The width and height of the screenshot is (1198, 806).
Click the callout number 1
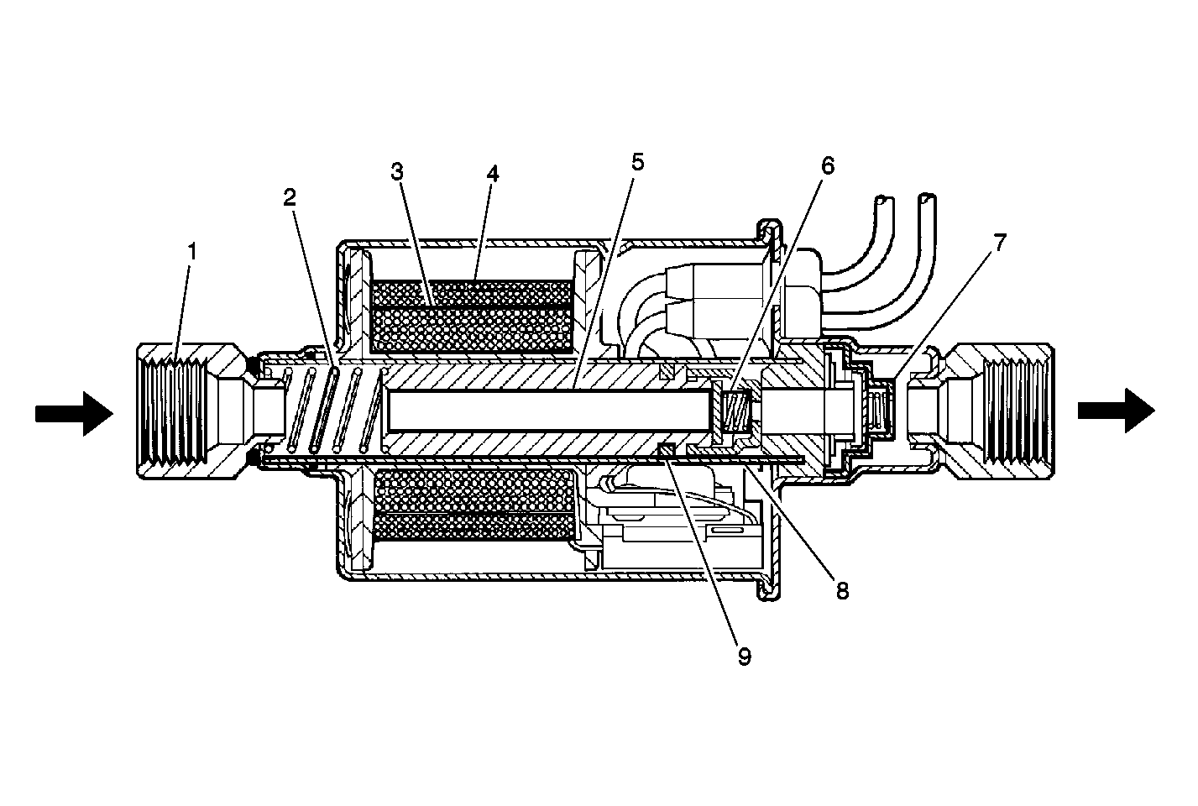coord(192,251)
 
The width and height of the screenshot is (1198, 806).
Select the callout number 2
coord(290,198)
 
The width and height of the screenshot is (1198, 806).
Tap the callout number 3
coord(396,172)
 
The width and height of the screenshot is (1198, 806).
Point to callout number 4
coord(493,174)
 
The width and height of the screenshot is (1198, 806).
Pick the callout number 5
coord(637,161)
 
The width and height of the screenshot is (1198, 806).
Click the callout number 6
coord(828,166)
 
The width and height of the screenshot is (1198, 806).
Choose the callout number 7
coord(1000,243)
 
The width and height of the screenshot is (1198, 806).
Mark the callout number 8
coord(842,591)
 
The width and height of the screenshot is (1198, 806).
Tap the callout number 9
coord(745,657)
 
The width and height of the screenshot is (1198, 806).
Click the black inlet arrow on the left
coord(75,413)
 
